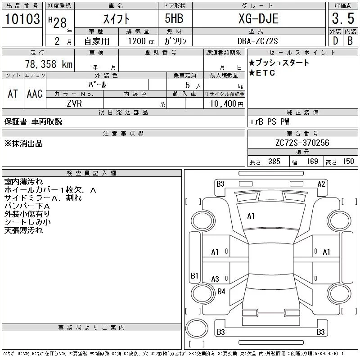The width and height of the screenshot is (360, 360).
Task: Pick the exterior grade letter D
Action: (x=335, y=40)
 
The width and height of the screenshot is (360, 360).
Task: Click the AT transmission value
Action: (x=13, y=94)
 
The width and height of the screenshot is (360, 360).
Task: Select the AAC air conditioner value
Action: (x=35, y=94)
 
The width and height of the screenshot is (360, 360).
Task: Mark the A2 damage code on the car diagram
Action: (x=321, y=184)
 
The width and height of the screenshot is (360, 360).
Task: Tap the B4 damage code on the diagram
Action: (x=221, y=292)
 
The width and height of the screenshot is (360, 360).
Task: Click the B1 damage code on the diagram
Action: (x=194, y=275)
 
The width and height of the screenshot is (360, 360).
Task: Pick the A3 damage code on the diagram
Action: (x=215, y=279)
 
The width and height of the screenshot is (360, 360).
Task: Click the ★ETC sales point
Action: (x=262, y=73)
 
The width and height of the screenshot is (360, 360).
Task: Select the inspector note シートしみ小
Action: (x=27, y=222)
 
